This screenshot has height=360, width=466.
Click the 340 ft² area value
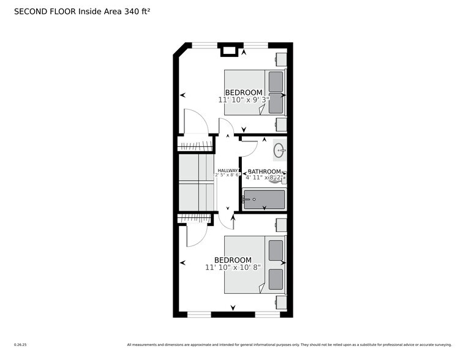(x=137, y=11)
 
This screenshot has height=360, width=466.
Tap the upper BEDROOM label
(x=243, y=92)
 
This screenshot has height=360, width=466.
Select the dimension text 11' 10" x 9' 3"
(x=243, y=100)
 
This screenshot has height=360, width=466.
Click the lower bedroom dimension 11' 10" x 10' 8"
(x=232, y=268)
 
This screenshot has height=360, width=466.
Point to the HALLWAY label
(x=227, y=171)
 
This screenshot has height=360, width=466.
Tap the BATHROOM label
(x=264, y=171)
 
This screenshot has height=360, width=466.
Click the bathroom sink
(x=279, y=149)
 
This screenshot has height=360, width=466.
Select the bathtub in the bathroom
(x=264, y=200)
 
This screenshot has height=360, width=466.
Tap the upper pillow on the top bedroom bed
(x=276, y=81)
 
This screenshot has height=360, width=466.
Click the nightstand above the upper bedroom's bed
(x=280, y=59)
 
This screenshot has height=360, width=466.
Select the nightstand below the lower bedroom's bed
(x=280, y=302)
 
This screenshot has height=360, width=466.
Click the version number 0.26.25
(x=21, y=343)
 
